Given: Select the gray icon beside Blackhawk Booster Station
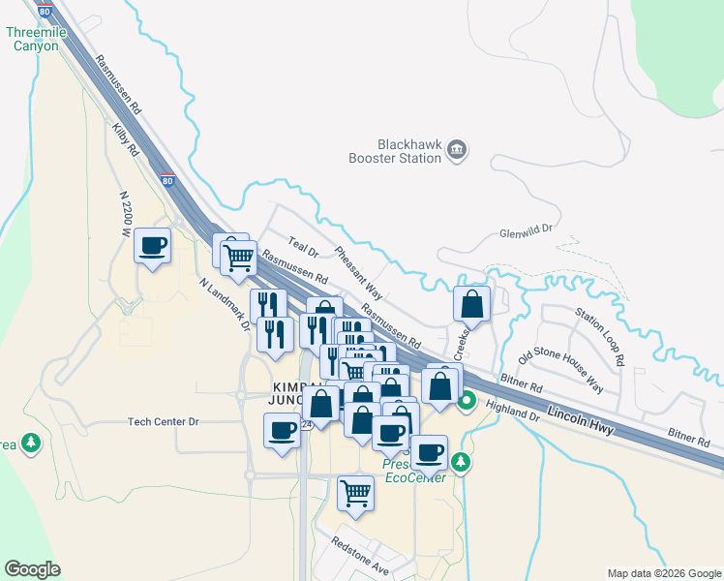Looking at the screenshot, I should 457,150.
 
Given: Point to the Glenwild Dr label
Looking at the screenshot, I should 525,231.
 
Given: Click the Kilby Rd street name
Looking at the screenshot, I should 126,140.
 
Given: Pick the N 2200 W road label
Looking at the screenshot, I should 125,214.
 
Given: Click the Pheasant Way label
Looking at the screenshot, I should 359,274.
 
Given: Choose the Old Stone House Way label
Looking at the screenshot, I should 560,372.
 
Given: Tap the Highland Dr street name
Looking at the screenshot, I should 512,411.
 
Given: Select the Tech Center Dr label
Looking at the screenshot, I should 163,422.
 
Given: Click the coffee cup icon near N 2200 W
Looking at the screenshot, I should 153,246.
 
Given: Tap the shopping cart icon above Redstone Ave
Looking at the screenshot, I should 355,493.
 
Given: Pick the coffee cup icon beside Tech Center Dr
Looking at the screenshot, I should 283,430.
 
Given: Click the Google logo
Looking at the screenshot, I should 32,569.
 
